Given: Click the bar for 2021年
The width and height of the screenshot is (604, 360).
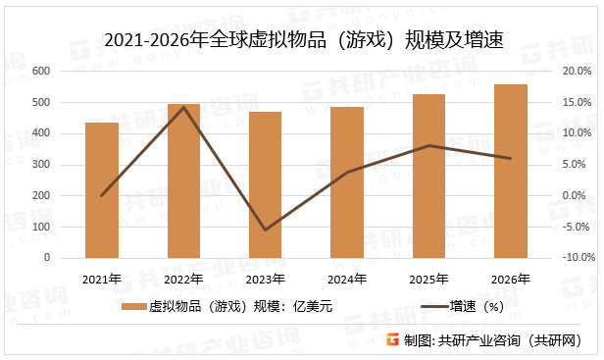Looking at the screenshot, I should tap(102, 190).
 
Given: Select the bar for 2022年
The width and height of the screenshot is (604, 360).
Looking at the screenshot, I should tap(183, 180).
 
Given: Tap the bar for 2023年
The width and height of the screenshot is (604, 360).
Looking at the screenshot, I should tap(265, 184).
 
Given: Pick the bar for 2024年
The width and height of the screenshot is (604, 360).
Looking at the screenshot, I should tap(347, 182).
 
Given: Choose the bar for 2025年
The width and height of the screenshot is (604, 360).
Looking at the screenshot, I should tap(428, 176).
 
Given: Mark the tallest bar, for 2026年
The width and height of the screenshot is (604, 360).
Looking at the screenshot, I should tap(510, 171).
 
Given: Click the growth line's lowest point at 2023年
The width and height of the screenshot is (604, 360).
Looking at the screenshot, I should tap(265, 230).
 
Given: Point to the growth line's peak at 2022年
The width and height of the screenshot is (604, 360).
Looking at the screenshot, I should tap(183, 107).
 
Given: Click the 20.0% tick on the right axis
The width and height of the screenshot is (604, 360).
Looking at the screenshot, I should tap(577, 72).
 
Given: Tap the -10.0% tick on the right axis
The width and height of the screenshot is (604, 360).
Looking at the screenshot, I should tap(577, 258).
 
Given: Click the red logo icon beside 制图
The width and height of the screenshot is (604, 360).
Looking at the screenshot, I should tap(391, 340).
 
